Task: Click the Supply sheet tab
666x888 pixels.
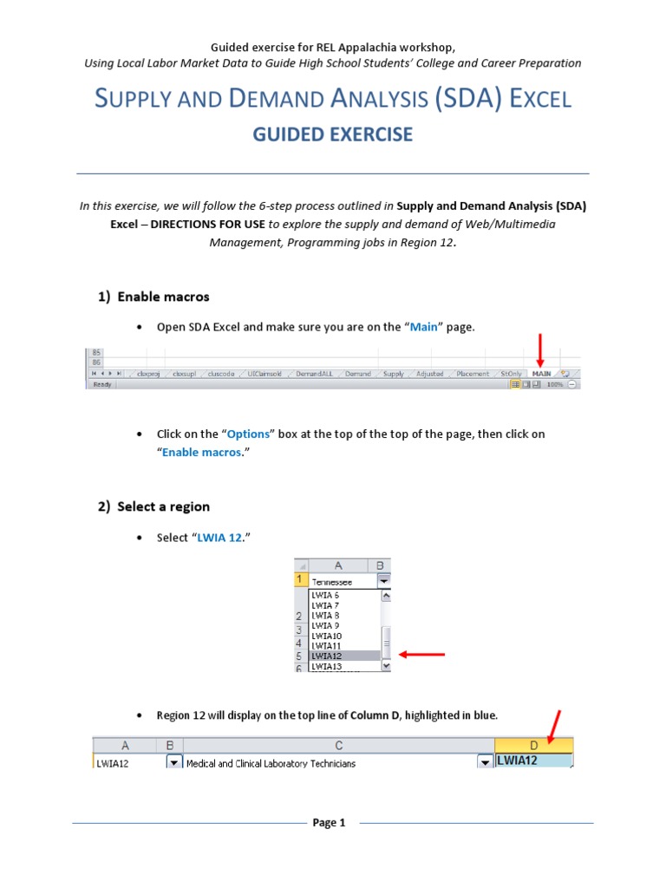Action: [x=394, y=374]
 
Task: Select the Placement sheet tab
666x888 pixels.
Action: [x=473, y=374]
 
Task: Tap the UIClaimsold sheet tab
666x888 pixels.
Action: [x=264, y=374]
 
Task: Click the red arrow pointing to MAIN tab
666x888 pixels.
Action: [x=539, y=347]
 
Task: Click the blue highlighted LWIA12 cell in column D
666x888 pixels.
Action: [x=532, y=761]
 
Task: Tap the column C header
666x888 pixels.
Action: [x=338, y=745]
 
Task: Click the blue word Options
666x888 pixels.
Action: [x=249, y=434]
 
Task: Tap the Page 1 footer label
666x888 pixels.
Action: [x=330, y=823]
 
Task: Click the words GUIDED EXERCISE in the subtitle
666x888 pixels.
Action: [x=332, y=134]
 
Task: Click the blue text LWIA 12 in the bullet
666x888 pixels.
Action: [x=220, y=538]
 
